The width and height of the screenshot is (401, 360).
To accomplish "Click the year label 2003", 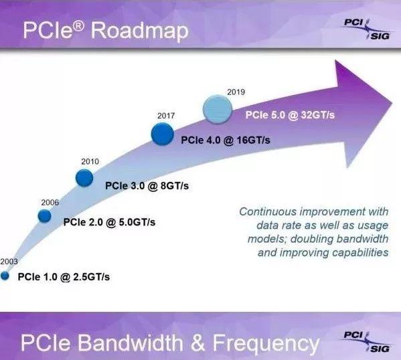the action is coord(9,262).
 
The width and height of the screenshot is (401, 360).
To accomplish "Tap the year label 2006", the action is coord(50,203).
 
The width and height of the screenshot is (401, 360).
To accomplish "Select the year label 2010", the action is coord(90,161).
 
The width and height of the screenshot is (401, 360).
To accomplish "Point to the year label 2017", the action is coord(166,116).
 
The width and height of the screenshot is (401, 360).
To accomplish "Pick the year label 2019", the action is coord(236,92).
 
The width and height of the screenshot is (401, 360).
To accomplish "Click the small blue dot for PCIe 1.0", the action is coord(5,276).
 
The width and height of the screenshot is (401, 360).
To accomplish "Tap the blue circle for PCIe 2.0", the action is coord(44,216).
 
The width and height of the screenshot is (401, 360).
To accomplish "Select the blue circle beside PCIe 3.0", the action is coord(84,178).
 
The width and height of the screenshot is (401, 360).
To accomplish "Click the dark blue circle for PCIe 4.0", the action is coord(163,134).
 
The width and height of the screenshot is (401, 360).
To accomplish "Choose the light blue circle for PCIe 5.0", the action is coord(218,110).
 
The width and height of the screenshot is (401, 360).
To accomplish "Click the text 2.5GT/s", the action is coord(92,277).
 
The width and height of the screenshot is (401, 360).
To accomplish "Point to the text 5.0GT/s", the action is coord(137,222).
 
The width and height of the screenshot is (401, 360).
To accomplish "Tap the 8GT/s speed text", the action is coord(175,186).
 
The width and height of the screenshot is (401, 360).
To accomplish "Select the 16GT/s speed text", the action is coord(254,140).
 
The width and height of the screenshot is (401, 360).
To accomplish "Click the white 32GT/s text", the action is coord(318,115).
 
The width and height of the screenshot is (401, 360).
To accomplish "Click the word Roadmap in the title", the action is coord(140,31).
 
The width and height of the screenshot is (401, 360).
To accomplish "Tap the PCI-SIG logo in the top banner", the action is coord(368,29).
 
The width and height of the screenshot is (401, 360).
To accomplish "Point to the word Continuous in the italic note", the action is coord(268,211).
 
